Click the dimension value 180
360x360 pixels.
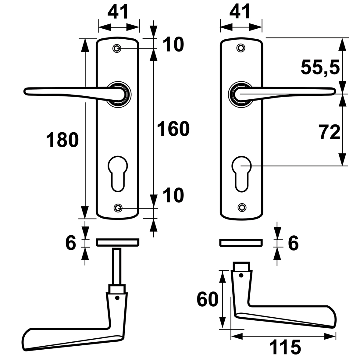coord(62,140)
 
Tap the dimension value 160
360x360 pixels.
coord(173,129)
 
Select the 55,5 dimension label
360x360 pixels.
coord(320,67)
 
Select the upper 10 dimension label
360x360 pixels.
coord(173,45)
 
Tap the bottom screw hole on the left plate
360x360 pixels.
coord(118,208)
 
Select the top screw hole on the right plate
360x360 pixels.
coord(241,48)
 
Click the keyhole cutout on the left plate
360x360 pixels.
coord(118,174)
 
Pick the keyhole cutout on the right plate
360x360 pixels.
coord(242,173)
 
